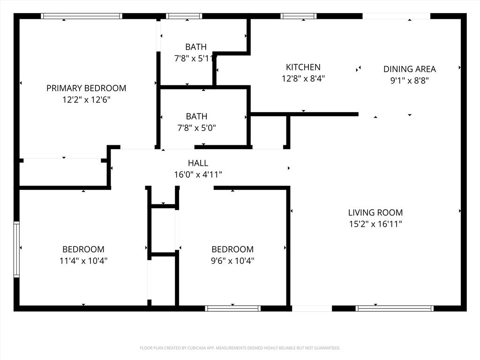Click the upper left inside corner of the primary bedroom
20,19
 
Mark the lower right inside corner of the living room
461,306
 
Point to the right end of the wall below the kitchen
358,114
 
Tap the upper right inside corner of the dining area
461,19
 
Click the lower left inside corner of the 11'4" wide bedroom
20,306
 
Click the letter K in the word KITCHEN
288,67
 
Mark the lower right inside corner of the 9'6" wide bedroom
286,306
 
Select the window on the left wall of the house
16,249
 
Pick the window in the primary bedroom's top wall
82,16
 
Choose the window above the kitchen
299,16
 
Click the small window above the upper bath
184,16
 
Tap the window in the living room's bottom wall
395,308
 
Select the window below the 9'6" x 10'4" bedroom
232,308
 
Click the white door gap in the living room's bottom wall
312,308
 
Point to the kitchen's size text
303,79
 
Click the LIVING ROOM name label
375,212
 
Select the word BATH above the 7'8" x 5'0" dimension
196,116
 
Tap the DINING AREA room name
410,69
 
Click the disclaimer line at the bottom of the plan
240,348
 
